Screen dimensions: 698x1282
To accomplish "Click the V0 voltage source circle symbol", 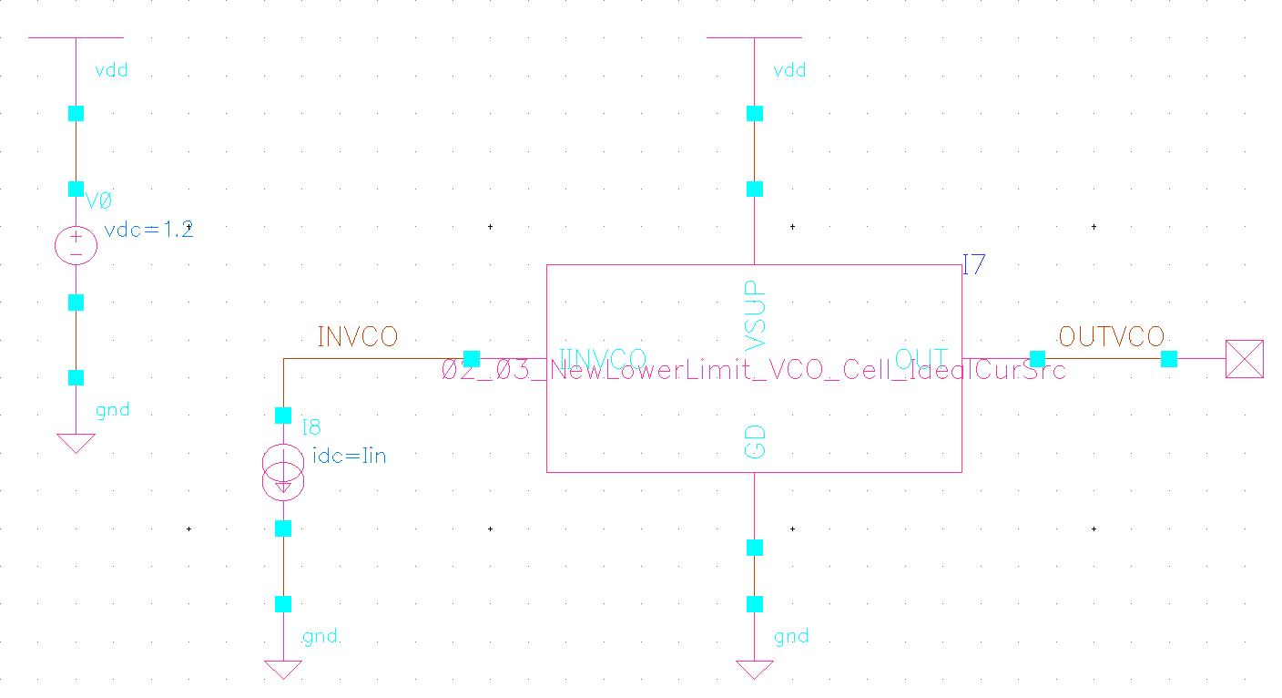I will pos(76,246).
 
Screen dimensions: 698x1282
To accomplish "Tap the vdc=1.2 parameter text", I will pos(149,230).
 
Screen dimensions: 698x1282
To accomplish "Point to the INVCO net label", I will pos(357,337).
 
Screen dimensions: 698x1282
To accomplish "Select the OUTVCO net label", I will pos(1111,337).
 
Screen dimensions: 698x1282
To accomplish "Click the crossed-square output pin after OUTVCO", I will pos(1244,359).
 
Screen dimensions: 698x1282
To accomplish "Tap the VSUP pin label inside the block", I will pos(755,315).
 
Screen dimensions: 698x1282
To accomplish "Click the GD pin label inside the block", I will pos(755,440).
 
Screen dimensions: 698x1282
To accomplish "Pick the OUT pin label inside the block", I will pos(921,358).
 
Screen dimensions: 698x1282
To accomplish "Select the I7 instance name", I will pos(973,265).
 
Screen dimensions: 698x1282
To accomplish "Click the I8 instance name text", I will pos(311,427).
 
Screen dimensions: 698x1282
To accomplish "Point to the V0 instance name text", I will pos(98,200).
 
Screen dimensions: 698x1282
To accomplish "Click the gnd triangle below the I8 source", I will pos(283,670).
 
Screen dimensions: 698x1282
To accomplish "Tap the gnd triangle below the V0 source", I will pos(76,443).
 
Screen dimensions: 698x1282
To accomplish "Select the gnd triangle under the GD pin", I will pos(755,670).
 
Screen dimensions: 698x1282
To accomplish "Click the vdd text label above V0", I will pos(111,70).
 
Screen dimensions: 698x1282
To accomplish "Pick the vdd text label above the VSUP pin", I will pos(789,70).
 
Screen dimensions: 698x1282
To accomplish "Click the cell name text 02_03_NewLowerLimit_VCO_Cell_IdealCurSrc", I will pos(754,371).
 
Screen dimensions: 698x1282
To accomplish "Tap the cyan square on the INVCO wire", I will pos(472,359).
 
